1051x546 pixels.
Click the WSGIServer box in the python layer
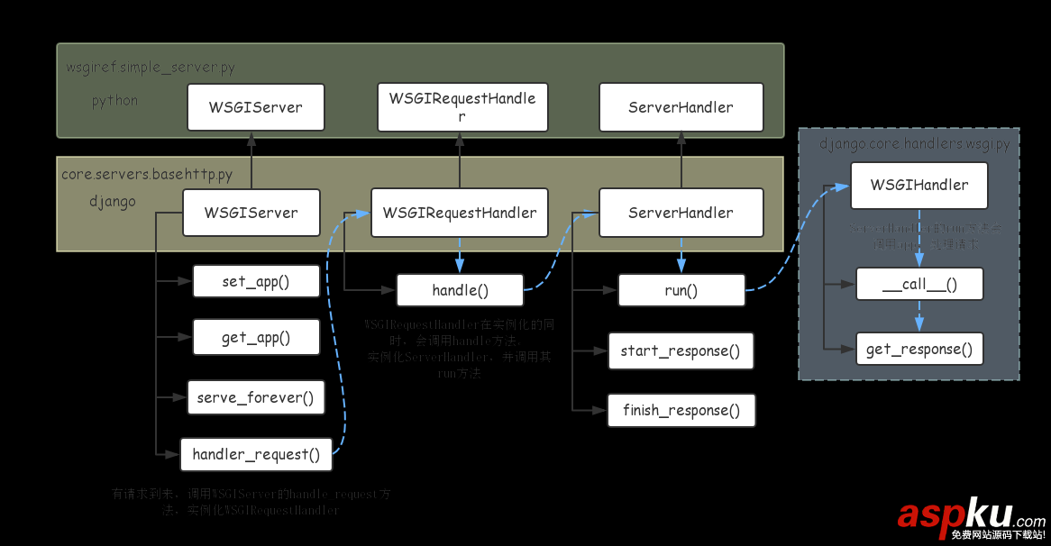pyautogui.click(x=255, y=107)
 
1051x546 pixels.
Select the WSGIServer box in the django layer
pyautogui.click(x=251, y=214)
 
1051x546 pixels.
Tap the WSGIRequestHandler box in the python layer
pyautogui.click(x=462, y=107)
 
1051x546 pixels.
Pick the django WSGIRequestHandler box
pyautogui.click(x=460, y=214)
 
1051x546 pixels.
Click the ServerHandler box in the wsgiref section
pyautogui.click(x=681, y=107)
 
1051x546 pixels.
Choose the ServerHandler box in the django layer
pyautogui.click(x=681, y=214)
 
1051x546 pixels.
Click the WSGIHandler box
pyautogui.click(x=918, y=186)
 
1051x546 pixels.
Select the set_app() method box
pyautogui.click(x=256, y=281)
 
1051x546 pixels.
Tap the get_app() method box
pyautogui.click(x=256, y=337)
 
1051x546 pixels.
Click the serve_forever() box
pyautogui.click(x=256, y=397)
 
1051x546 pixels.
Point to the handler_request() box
pyautogui.click(x=256, y=454)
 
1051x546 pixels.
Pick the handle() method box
pyautogui.click(x=460, y=290)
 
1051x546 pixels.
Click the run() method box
pyautogui.click(x=681, y=290)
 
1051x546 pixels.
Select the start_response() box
pyautogui.click(x=681, y=351)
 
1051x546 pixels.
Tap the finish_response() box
pyautogui.click(x=681, y=411)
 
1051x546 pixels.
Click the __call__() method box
pyautogui.click(x=918, y=285)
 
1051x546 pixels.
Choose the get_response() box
pyautogui.click(x=918, y=349)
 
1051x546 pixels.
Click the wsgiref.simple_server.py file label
pyautogui.click(x=151, y=68)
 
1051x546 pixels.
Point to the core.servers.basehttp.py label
pyautogui.click(x=147, y=174)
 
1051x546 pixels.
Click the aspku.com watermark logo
pyautogui.click(x=971, y=517)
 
